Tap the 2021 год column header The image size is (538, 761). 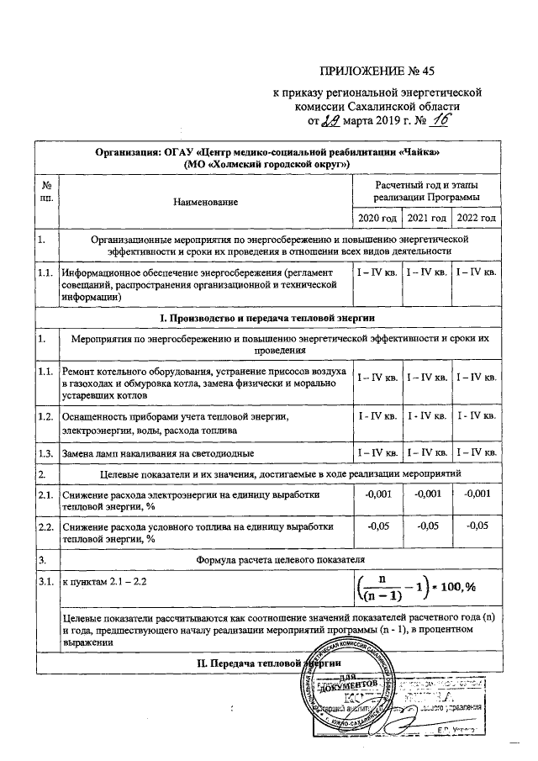click(425, 218)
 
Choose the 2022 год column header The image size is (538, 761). click(475, 218)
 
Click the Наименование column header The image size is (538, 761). click(205, 201)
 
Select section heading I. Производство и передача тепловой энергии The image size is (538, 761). click(268, 318)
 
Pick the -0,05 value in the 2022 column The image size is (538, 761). click(477, 526)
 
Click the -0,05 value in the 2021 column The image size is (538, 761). click(427, 526)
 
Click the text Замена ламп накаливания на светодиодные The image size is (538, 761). click(158, 454)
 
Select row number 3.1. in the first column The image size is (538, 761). click(45, 580)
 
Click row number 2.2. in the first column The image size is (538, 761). click(45, 526)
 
